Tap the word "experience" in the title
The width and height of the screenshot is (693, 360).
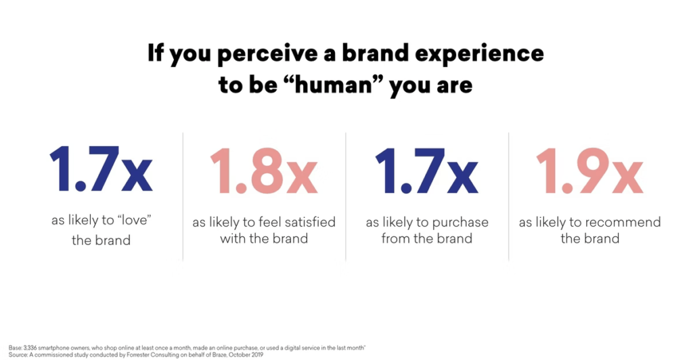(479, 53)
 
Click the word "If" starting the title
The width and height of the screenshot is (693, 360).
(156, 52)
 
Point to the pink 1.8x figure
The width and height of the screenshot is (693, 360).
(264, 171)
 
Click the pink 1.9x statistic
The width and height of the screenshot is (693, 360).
(589, 171)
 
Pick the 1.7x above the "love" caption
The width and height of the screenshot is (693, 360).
(102, 170)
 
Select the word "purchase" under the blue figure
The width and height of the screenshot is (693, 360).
(460, 223)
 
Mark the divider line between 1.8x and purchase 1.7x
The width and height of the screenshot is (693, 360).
(346, 197)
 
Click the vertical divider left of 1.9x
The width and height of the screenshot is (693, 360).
(509, 197)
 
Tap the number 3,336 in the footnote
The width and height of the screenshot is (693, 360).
(30, 348)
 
